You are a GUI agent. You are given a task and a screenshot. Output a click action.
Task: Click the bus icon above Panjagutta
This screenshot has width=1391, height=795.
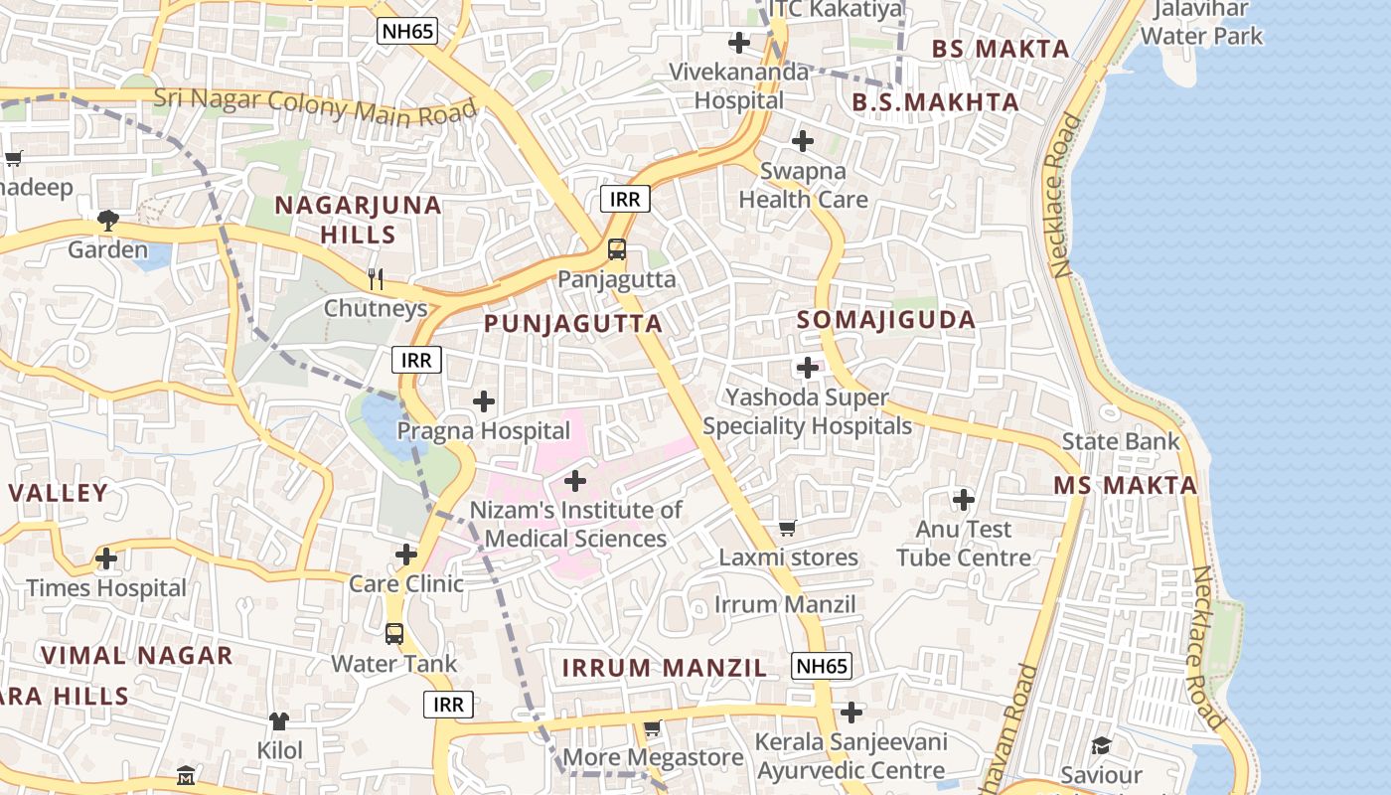tap(617, 249)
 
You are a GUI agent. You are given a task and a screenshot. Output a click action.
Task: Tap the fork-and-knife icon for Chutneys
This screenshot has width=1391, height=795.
tap(376, 278)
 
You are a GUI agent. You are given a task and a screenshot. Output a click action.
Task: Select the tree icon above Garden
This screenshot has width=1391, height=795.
tap(107, 220)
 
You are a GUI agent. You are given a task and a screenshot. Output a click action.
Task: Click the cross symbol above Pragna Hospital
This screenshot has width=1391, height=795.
tap(484, 401)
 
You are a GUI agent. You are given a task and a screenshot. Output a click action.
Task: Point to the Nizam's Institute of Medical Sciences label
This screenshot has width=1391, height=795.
tap(576, 525)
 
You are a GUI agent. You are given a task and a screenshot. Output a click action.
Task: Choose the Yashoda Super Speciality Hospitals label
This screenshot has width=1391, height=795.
tap(807, 412)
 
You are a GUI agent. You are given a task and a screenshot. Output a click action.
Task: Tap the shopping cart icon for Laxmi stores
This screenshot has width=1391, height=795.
tap(788, 528)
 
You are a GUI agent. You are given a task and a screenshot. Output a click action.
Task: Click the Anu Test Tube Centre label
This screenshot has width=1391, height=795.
tap(964, 544)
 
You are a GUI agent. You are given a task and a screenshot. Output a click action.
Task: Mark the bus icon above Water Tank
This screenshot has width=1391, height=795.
tap(394, 633)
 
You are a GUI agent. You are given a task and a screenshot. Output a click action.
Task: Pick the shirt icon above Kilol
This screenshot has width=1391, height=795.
tap(279, 720)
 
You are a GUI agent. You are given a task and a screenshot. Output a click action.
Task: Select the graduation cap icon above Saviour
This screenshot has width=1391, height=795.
tap(1101, 745)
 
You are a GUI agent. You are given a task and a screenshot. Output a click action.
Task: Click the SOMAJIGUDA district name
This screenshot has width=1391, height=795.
tap(886, 320)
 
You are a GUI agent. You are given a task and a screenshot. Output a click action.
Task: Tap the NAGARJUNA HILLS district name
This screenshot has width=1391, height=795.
tap(358, 220)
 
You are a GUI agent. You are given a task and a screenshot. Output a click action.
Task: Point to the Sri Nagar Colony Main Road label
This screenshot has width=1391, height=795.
tap(315, 105)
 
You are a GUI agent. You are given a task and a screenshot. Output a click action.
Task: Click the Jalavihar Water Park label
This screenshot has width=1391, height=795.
tap(1201, 23)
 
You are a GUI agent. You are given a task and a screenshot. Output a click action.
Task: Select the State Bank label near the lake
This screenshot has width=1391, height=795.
tap(1121, 441)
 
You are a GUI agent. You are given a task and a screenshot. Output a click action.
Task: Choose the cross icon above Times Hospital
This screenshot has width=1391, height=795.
tap(106, 558)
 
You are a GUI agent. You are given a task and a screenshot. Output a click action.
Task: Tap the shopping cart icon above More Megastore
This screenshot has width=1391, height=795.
tap(652, 728)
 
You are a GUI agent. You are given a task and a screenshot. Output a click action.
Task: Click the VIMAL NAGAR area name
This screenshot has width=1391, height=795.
tap(137, 656)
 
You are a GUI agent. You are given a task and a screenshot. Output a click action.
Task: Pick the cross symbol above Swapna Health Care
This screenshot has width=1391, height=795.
tap(803, 141)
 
